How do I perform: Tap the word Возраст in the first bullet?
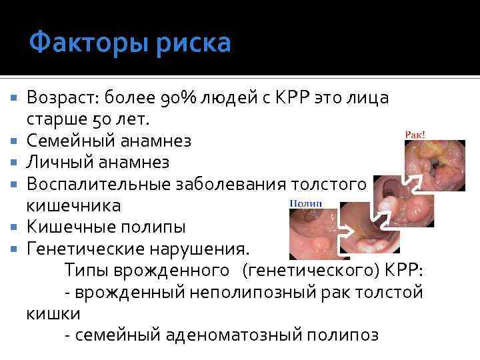60,99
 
